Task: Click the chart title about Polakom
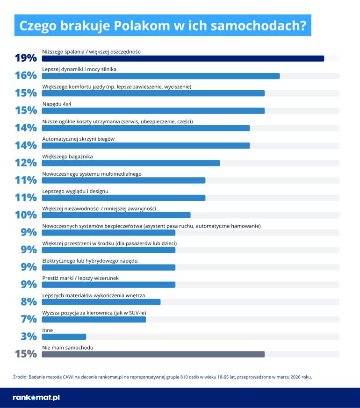click(162, 26)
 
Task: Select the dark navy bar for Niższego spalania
click(183, 58)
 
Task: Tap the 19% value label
click(26, 58)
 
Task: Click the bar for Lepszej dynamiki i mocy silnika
click(161, 76)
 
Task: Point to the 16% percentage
click(26, 76)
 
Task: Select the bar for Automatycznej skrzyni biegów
click(146, 145)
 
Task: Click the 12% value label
click(26, 163)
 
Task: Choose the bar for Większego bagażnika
click(131, 163)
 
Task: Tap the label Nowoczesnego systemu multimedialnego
click(92, 173)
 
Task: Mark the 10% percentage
click(26, 215)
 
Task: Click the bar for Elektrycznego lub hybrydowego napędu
click(108, 267)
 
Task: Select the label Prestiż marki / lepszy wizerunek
click(80, 278)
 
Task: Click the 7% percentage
click(29, 319)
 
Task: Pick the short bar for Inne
click(64, 336)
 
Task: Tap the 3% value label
click(29, 336)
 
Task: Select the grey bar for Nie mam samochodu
click(153, 354)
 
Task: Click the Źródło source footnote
click(162, 376)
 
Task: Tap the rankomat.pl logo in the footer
click(36, 398)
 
